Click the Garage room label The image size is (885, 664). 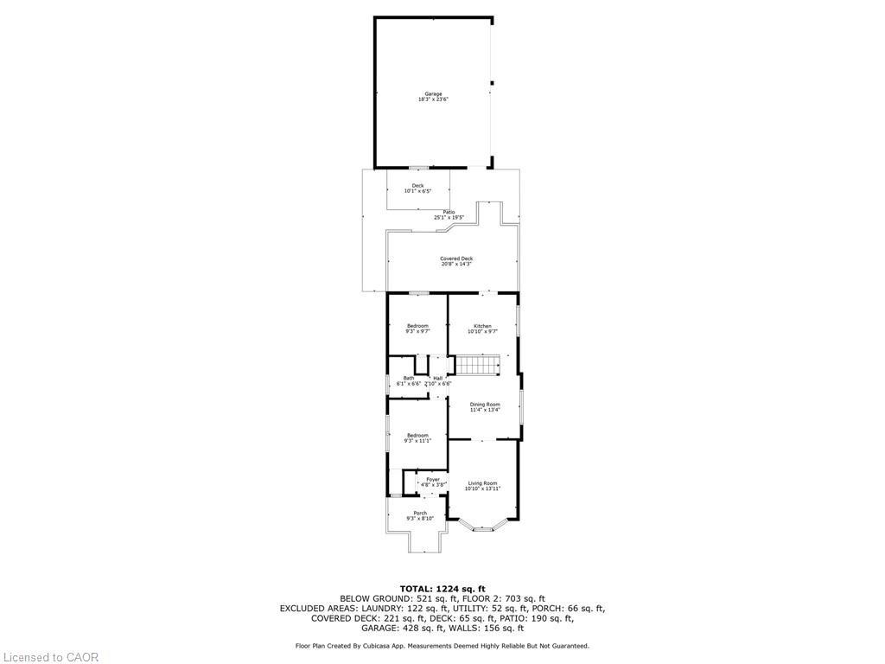coord(433,94)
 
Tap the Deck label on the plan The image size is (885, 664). coord(417,186)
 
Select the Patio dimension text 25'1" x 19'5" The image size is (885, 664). coord(449,218)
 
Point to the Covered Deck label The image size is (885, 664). coord(455,259)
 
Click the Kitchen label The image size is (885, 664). coord(481,326)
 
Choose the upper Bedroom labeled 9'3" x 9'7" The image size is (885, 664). coord(417,326)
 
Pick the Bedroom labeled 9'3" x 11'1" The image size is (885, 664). coord(417,436)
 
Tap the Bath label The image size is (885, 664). coord(408,378)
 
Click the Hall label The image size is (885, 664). coord(437,378)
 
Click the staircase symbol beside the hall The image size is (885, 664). coord(478,365)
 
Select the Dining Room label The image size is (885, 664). coord(485,405)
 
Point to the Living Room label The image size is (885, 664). coord(482,483)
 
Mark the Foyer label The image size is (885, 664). coord(433,480)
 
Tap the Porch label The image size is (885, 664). coord(419,514)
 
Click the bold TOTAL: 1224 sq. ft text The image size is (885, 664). coord(442,588)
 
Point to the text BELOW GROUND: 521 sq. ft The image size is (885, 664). coord(385,598)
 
